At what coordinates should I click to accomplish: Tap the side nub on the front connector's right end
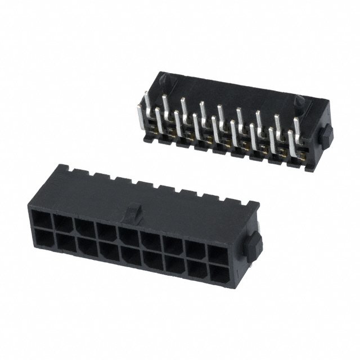point(255,245)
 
